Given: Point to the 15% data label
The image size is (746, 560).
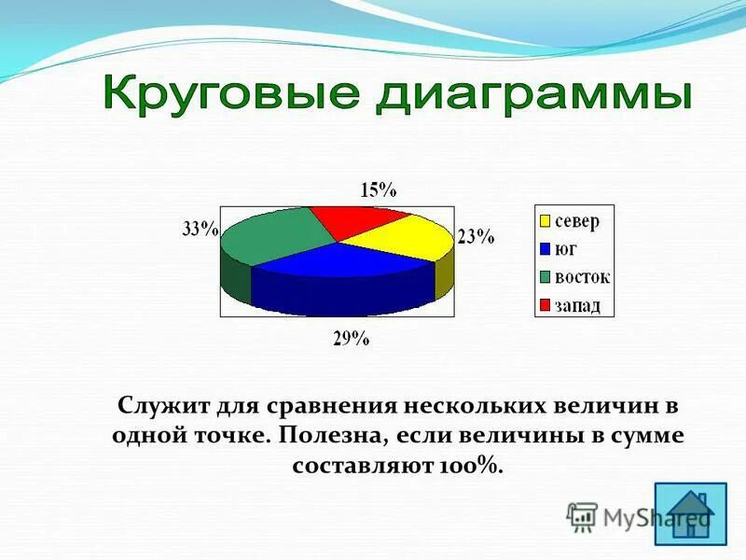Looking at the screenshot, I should pos(379,189).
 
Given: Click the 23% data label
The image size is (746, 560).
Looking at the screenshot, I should pos(476,237).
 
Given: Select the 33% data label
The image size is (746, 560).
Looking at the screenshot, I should pos(200,229).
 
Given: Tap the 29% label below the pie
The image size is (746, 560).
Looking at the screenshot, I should pos(352,340).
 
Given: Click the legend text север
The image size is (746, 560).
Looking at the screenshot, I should pos(577,222).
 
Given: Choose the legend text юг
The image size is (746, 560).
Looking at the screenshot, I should pos(566,249).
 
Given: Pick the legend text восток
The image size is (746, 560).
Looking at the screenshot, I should pos(582,277).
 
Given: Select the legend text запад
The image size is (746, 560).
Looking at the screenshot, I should pos(578,305).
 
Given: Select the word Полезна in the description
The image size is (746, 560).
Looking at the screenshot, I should pos(332,436).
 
